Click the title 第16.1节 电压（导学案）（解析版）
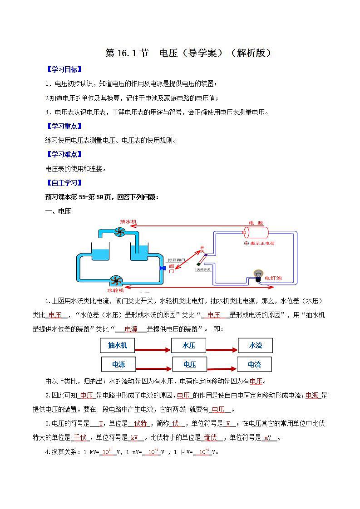click(188, 53)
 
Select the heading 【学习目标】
click(64, 69)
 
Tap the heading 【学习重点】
click(64, 126)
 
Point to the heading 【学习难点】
click(64, 154)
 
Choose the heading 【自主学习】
click(64, 183)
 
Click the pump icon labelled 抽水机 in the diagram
click(119, 232)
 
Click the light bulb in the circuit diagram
click(258, 275)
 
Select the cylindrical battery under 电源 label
click(256, 233)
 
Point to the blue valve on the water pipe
click(162, 268)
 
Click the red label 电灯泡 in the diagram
click(273, 278)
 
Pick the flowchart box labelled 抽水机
click(118, 346)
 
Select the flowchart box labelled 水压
click(189, 346)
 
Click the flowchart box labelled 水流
click(256, 346)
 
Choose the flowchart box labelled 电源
click(118, 364)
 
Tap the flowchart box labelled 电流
click(254, 364)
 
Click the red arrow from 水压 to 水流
click(222, 350)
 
